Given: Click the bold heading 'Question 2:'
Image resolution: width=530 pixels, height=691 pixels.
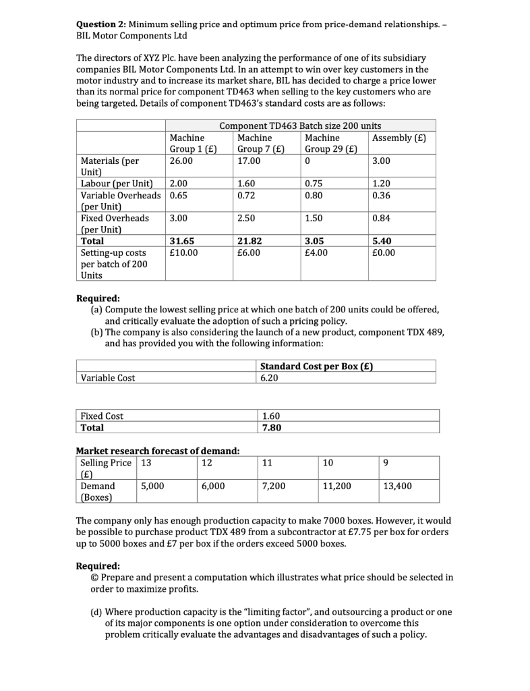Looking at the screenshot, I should tap(102, 24).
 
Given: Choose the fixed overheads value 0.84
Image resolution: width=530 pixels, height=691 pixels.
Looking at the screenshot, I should tap(382, 218).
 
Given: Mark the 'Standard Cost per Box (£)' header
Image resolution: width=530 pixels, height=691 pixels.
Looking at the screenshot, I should tap(316, 366).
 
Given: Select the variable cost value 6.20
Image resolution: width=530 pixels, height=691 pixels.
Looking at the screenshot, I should tap(268, 378).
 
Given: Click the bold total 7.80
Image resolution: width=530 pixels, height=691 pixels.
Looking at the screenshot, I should tap(269, 427).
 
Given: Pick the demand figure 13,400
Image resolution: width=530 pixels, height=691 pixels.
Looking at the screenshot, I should tap(397, 485).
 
